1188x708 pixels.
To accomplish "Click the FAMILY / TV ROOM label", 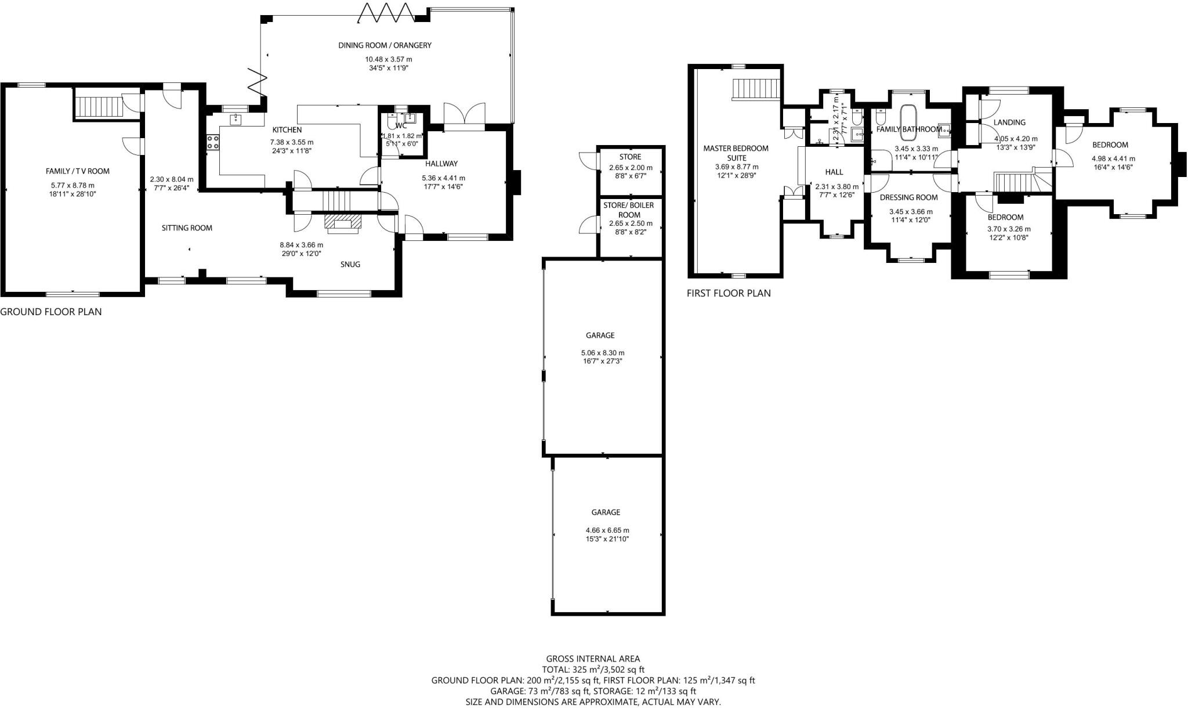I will point(78,171).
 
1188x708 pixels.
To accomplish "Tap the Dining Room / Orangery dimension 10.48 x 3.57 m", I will point(388,59).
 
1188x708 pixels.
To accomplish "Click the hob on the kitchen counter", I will point(212,142).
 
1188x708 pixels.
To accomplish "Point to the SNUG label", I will point(350,264).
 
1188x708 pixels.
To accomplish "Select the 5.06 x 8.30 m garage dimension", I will point(602,353).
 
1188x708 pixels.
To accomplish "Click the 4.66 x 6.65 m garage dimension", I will point(607,530).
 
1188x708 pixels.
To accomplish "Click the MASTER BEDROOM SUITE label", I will point(736,153).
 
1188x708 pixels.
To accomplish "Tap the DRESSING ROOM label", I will point(908,197).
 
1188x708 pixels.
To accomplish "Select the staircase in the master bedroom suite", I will point(756,89).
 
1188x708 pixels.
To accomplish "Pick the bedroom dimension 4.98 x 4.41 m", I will point(1113,158).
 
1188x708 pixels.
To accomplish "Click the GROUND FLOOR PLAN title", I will point(50,312).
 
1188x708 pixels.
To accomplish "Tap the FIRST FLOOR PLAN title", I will point(728,293).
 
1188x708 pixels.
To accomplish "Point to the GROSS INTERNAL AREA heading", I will point(593,659).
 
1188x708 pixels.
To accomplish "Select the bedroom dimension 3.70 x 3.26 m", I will point(1008,229).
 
